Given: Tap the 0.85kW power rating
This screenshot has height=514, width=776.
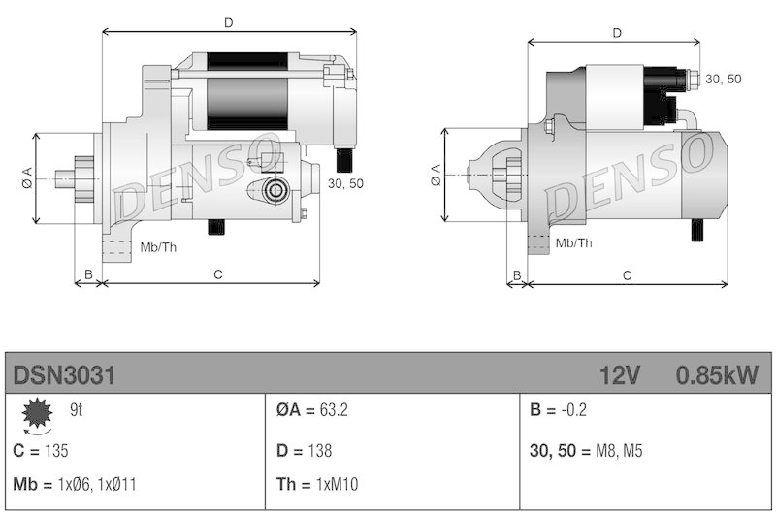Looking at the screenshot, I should tap(717, 374).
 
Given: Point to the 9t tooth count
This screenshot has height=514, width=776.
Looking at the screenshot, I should tap(76, 410).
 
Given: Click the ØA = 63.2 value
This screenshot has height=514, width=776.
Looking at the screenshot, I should tap(311, 410).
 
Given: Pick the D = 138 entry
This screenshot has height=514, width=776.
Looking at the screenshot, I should tap(304, 451).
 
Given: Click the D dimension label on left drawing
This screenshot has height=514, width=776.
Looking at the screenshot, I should tap(228, 20).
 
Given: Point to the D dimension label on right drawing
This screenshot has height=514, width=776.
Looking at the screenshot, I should tap(617, 33).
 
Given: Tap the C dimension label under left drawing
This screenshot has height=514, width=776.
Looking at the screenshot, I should tap(218, 275).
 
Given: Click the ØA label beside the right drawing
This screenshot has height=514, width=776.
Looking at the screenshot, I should tap(436, 175).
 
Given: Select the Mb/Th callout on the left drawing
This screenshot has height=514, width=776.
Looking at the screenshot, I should tap(158, 246).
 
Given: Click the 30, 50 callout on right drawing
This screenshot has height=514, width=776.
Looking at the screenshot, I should tap(724, 79).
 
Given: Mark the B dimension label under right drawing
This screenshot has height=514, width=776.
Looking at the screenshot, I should tap(517, 275).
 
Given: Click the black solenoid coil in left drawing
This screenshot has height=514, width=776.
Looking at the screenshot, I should tap(247, 91).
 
